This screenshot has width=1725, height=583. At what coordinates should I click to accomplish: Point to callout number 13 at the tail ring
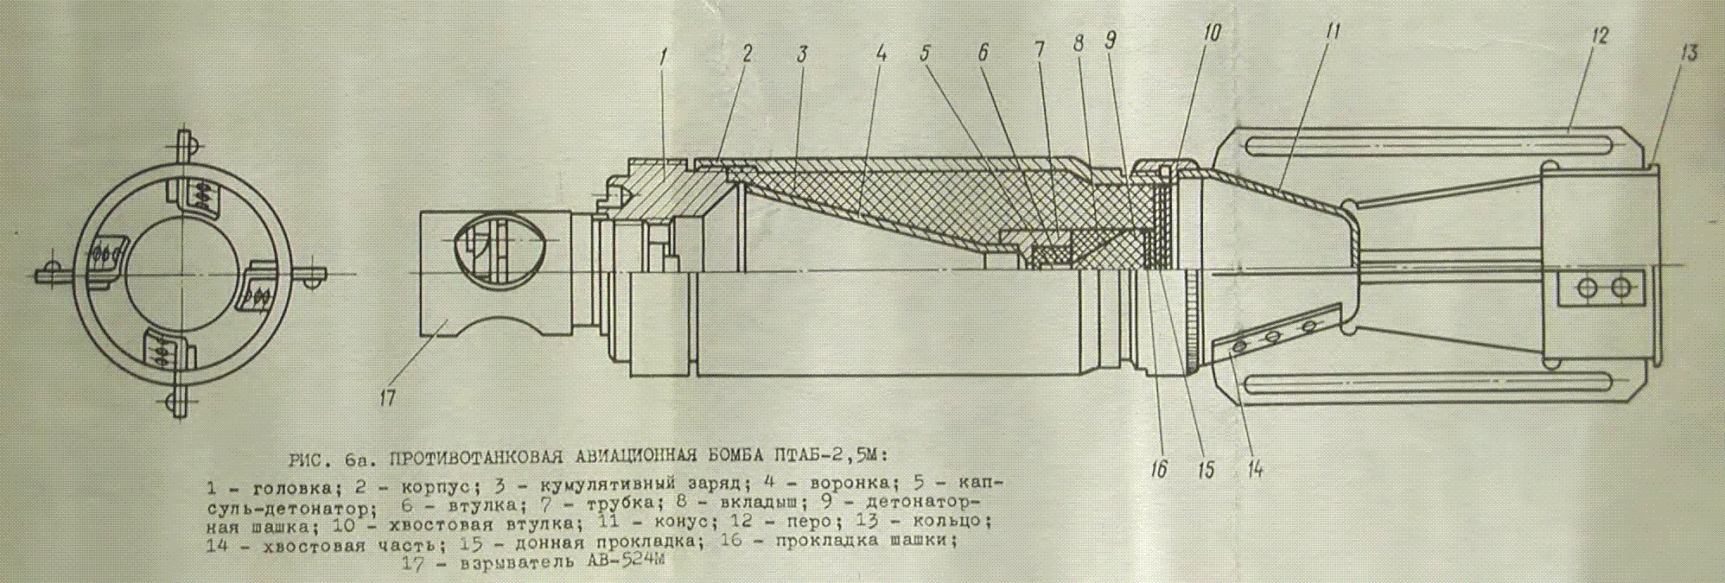pyautogui.click(x=1689, y=53)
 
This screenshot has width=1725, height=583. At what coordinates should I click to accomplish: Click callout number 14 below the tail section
pyautogui.click(x=1255, y=469)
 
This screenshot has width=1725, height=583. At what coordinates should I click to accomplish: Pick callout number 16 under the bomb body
pyautogui.click(x=1159, y=469)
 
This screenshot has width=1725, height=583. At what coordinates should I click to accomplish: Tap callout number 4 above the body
pyautogui.click(x=881, y=53)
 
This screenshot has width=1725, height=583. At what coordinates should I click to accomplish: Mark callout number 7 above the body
pyautogui.click(x=1040, y=50)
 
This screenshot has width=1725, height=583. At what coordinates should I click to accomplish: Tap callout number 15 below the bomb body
pyautogui.click(x=1206, y=469)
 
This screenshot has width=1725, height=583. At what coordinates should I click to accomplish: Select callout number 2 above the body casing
pyautogui.click(x=746, y=53)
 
